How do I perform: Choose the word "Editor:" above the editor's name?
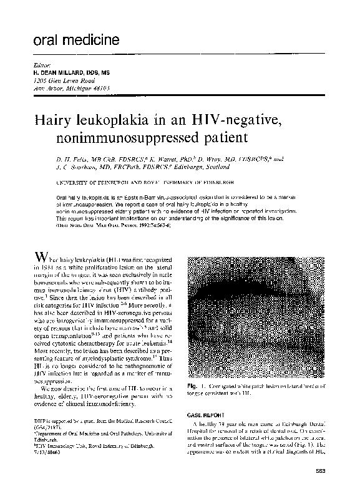(x=39, y=65)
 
